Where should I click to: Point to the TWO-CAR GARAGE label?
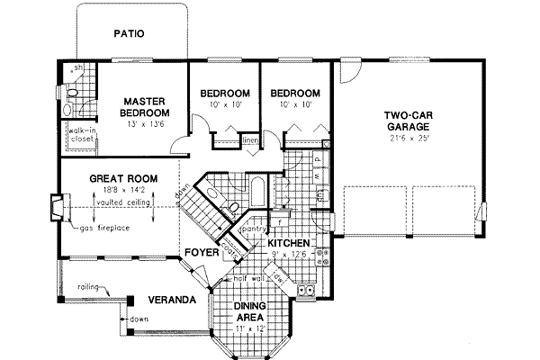pyautogui.click(x=410, y=122)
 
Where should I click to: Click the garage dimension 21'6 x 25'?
pyautogui.click(x=410, y=140)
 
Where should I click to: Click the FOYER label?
pyautogui.click(x=201, y=253)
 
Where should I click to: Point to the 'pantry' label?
pyautogui.click(x=253, y=229)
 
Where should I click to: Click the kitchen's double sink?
pyautogui.click(x=304, y=289)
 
